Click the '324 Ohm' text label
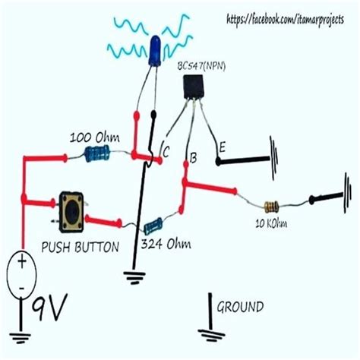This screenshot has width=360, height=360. pyautogui.click(x=166, y=245)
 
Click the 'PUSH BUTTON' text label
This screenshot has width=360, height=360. pyautogui.click(x=80, y=246)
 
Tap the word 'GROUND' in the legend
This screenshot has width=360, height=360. pyautogui.click(x=241, y=307)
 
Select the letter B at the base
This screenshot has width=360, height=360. pyautogui.click(x=194, y=158)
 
